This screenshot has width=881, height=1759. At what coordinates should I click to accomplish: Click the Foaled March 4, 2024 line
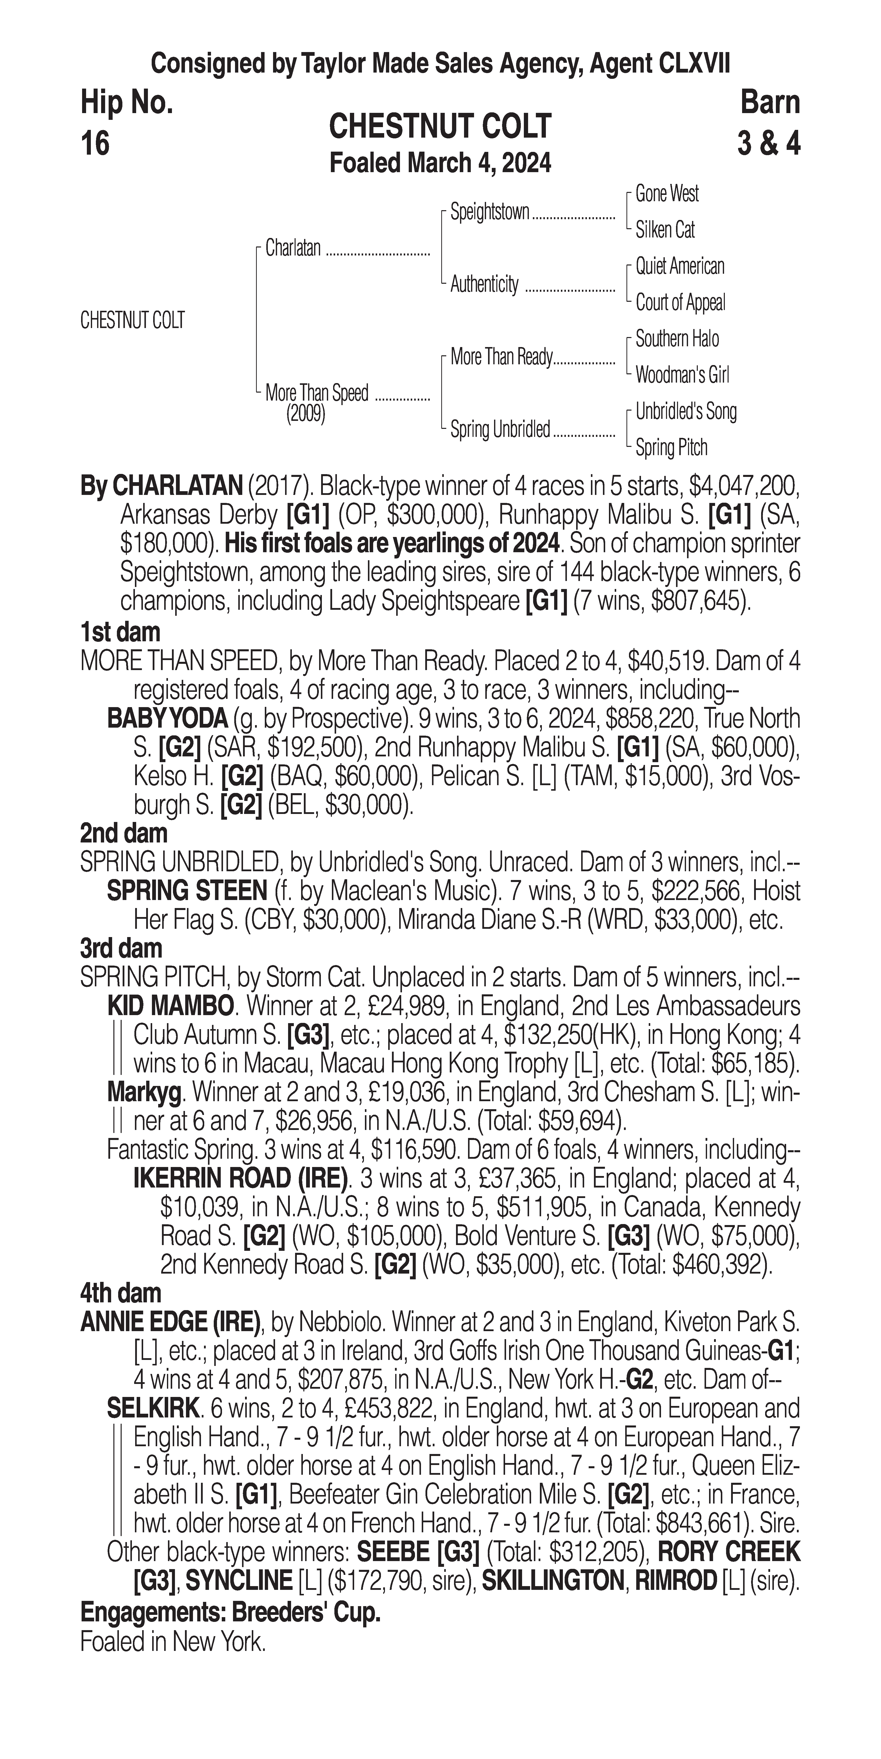click(x=440, y=163)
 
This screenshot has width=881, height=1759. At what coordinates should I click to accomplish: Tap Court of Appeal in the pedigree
click(x=680, y=303)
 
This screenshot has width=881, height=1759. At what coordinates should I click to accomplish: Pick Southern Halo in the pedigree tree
click(x=677, y=339)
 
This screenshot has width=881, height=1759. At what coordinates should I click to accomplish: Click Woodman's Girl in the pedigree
click(x=682, y=375)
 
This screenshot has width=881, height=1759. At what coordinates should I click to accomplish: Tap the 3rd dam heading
click(x=122, y=949)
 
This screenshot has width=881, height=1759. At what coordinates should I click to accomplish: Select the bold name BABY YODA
click(x=167, y=719)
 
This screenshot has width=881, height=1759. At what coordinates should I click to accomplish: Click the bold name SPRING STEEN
click(x=186, y=891)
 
